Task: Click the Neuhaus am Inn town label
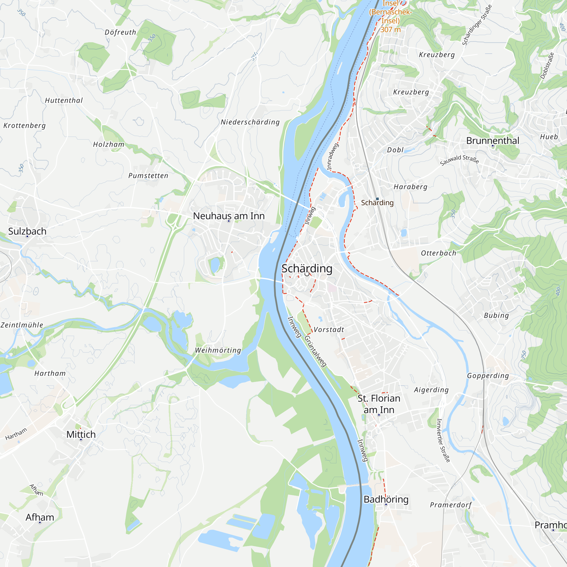pyautogui.click(x=229, y=216)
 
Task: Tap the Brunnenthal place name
pyautogui.click(x=492, y=141)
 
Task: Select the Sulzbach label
pyautogui.click(x=27, y=231)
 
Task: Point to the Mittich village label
pyautogui.click(x=81, y=434)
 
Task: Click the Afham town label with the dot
pyautogui.click(x=40, y=517)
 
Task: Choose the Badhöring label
pyautogui.click(x=386, y=499)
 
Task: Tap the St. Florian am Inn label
pyautogui.click(x=379, y=404)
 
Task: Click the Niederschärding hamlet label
pyautogui.click(x=250, y=122)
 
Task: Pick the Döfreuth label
pyautogui.click(x=120, y=32)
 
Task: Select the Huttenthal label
pyautogui.click(x=64, y=100)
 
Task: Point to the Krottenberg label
pyautogui.click(x=25, y=126)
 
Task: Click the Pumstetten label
pyautogui.click(x=148, y=176)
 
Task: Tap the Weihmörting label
pyautogui.click(x=218, y=350)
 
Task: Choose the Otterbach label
pyautogui.click(x=439, y=253)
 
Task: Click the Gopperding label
pyautogui.click(x=488, y=376)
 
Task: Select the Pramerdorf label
pyautogui.click(x=450, y=505)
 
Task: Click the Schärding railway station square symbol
pyautogui.click(x=377, y=199)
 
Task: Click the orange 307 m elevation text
pyautogui.click(x=391, y=30)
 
